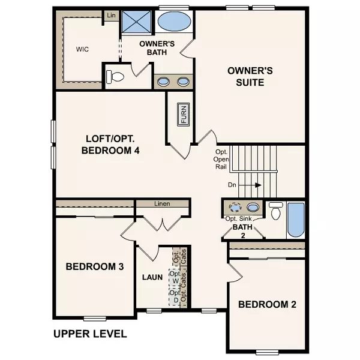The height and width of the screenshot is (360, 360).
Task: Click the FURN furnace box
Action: point(183,115)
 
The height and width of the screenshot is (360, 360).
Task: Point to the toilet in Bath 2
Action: point(276,212)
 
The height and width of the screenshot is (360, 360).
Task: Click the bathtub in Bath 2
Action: point(296,220)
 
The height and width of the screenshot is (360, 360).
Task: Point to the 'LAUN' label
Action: point(152,278)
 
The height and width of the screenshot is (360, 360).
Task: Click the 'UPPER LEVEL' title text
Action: point(89,334)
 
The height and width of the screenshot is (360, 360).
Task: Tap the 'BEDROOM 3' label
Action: point(95,266)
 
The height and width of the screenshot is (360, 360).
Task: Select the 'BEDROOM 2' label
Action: point(267,304)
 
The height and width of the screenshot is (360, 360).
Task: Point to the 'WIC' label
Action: point(83,49)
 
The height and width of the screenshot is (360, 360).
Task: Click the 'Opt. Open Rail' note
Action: point(221,160)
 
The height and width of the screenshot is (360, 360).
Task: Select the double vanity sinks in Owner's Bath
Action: point(173,82)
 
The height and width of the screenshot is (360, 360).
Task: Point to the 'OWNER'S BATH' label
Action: point(157,48)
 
